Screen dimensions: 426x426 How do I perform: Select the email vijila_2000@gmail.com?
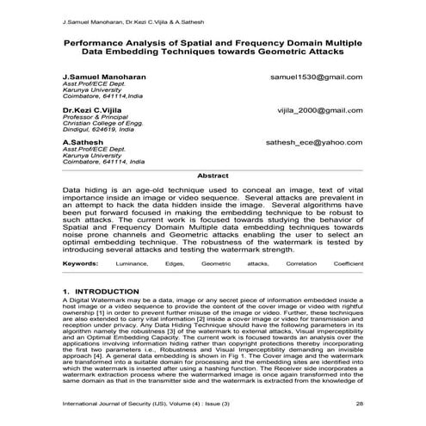point(320,112)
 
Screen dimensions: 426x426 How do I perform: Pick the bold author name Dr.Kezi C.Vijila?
point(92,112)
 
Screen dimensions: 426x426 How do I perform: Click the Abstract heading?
point(213,176)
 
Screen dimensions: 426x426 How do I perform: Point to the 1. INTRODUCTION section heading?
point(101,293)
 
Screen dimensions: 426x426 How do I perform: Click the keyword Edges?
point(175,262)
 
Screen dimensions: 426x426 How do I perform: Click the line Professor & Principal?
point(92,119)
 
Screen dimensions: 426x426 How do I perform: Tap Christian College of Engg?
point(99,126)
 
